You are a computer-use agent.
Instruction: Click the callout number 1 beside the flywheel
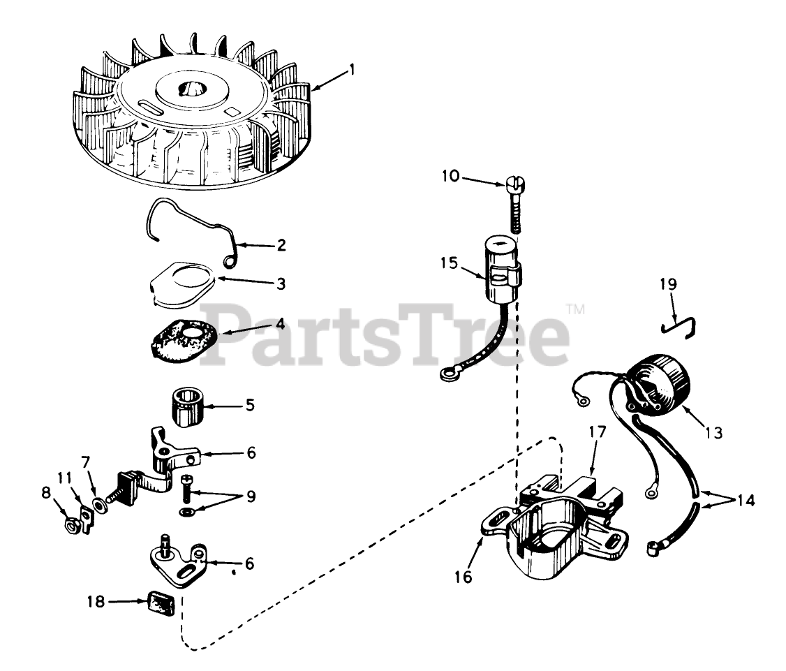point(352,69)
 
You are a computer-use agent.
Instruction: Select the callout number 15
point(450,263)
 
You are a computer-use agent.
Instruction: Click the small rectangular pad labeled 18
point(161,603)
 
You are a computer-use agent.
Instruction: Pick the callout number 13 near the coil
point(713,432)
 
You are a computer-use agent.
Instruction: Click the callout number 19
point(668,284)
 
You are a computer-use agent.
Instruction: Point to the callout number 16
point(464,577)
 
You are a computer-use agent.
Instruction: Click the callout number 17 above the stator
point(598,432)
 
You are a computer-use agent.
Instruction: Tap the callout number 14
point(746,500)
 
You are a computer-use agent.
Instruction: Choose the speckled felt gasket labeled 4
point(184,341)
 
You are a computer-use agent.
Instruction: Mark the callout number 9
point(251,496)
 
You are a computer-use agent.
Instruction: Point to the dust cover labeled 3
point(182,283)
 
